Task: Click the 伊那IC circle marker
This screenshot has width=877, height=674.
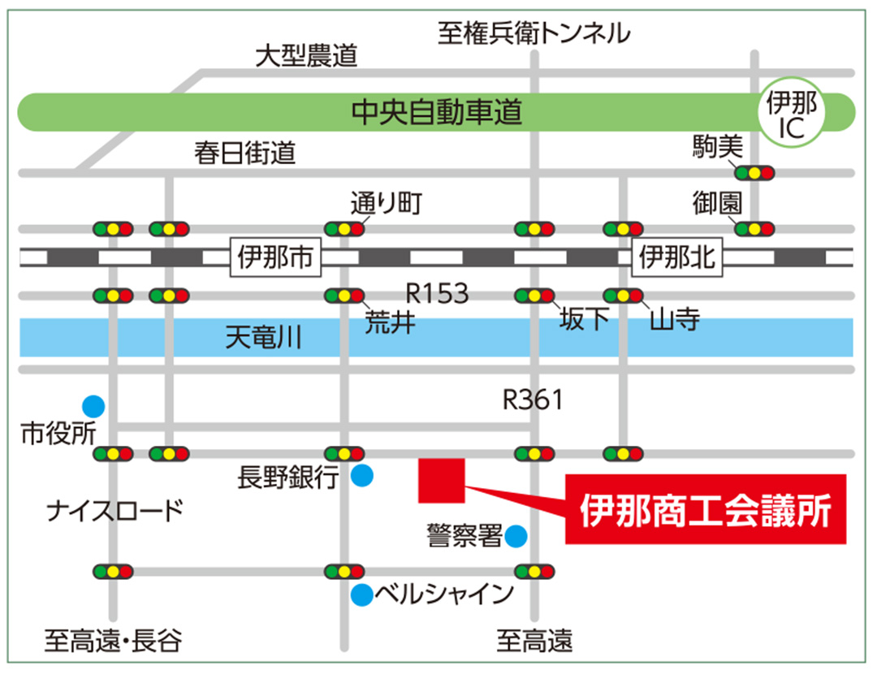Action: pyautogui.click(x=792, y=113)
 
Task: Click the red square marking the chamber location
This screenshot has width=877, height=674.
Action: pyautogui.click(x=441, y=480)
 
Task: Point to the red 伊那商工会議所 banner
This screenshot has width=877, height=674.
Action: pyautogui.click(x=706, y=509)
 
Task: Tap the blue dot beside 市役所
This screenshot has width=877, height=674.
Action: pyautogui.click(x=93, y=404)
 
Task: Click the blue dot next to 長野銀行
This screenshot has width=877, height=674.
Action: pyautogui.click(x=362, y=476)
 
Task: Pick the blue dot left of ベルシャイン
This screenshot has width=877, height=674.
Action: pyautogui.click(x=361, y=595)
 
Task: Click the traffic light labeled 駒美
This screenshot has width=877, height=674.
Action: pyautogui.click(x=754, y=172)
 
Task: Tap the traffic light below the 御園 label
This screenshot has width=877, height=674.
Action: pyautogui.click(x=754, y=228)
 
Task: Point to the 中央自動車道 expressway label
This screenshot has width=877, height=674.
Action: pyautogui.click(x=436, y=113)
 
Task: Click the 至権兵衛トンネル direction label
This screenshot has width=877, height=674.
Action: pyautogui.click(x=534, y=32)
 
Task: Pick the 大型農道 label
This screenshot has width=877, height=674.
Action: pyautogui.click(x=306, y=56)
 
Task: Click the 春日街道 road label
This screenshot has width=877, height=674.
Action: pyautogui.click(x=244, y=153)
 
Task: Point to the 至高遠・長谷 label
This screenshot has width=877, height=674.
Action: pyautogui.click(x=113, y=642)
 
